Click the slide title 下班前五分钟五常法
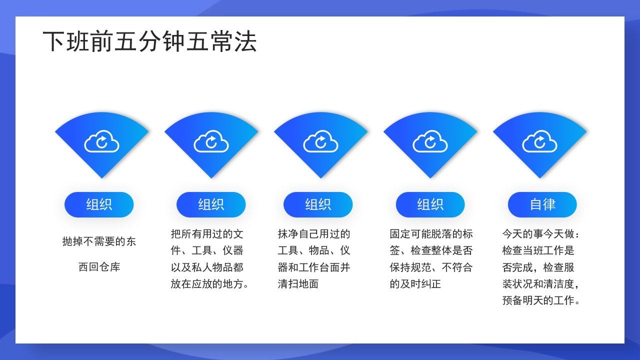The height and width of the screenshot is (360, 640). [x=149, y=41]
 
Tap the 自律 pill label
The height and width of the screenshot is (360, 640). [x=542, y=204]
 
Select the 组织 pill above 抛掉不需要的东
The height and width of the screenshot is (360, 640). [x=99, y=204]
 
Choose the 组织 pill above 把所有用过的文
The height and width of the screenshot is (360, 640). [x=211, y=204]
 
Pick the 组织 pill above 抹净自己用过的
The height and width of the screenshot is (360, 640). [x=318, y=204]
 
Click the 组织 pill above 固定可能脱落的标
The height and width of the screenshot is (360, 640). [x=430, y=204]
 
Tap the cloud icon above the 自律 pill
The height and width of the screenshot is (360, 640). [x=539, y=141]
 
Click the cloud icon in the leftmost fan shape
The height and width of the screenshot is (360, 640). [x=101, y=141]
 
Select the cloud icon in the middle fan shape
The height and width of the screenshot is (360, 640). [x=320, y=141]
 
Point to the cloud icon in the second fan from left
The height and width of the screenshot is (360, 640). [x=211, y=141]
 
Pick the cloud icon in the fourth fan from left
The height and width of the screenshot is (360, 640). [x=430, y=141]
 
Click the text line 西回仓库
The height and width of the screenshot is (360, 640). [x=99, y=267]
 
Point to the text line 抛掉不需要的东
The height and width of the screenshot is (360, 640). [x=99, y=241]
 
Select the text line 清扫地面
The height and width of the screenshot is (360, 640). [x=298, y=284]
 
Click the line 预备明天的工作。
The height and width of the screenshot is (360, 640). [x=542, y=300]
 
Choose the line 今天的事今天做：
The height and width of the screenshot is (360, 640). [x=542, y=234]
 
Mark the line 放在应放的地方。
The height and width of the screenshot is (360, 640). [x=210, y=284]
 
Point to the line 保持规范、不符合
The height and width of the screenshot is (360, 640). [x=431, y=267]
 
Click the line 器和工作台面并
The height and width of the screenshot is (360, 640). [x=314, y=267]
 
